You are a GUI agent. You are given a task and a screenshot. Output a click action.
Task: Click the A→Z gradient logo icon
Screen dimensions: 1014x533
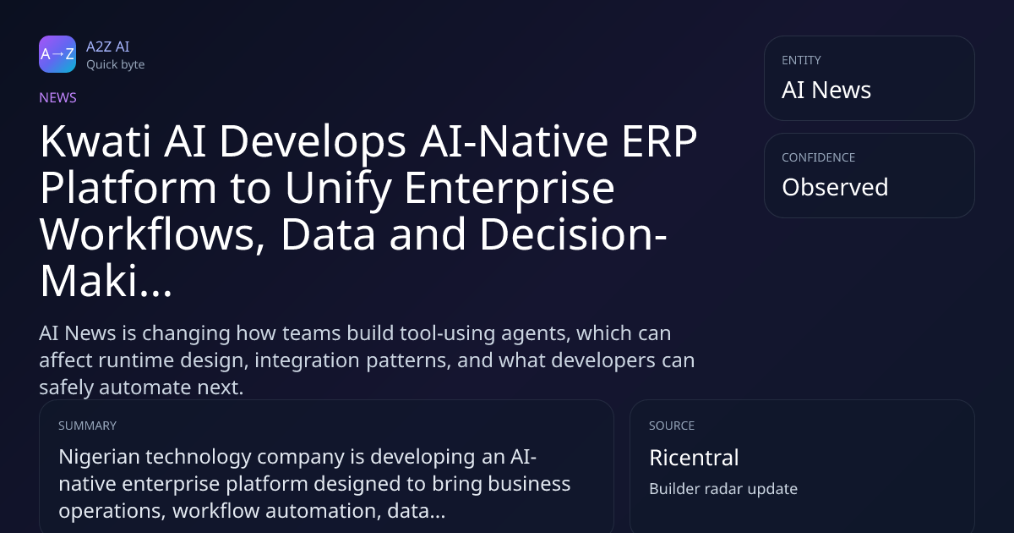point(57,54)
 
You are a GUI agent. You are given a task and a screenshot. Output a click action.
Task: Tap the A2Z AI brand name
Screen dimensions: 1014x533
point(108,47)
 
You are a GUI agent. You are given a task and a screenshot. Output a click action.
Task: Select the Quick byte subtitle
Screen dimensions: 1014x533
point(116,65)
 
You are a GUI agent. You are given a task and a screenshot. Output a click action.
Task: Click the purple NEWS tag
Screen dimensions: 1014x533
point(57,97)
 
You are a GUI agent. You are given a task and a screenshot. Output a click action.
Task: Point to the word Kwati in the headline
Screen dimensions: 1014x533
point(95,141)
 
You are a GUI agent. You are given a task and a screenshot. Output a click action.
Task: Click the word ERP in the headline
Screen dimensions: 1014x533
point(659,141)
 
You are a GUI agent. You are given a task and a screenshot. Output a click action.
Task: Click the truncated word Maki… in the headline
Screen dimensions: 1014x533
point(106,281)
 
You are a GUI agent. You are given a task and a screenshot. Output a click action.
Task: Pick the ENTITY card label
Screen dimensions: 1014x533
point(801,60)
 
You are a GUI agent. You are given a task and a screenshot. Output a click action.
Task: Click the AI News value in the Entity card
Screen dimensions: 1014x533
point(826,90)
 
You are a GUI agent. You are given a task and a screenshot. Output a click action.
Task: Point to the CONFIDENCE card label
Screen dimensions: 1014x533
point(819,157)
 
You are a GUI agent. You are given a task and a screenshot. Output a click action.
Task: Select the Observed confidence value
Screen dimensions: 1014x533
point(835,187)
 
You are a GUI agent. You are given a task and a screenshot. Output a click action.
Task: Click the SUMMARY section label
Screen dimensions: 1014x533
point(87,426)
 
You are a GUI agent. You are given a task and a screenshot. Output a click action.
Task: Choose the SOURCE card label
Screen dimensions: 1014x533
point(671,426)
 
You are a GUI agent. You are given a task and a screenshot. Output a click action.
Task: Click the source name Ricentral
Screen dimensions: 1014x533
point(694,458)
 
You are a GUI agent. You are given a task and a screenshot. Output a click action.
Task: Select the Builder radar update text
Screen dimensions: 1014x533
point(723,489)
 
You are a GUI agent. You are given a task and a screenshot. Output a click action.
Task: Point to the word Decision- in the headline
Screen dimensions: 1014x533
point(573,234)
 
